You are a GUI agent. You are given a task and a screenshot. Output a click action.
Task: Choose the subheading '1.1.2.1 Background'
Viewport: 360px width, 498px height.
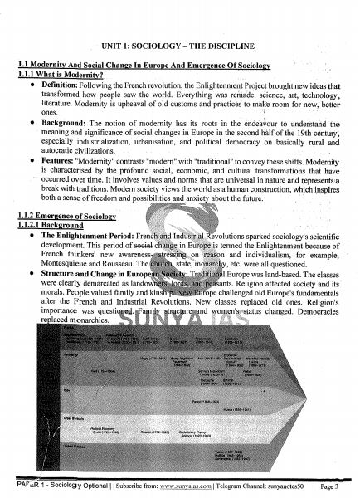[x=56, y=225]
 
